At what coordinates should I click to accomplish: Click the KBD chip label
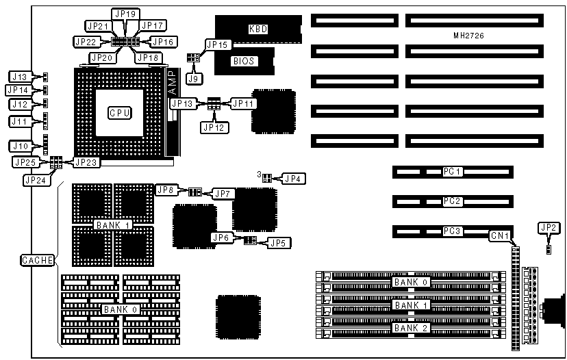(x=257, y=29)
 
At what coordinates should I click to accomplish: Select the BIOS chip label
(x=244, y=61)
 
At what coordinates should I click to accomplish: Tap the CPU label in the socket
(x=119, y=112)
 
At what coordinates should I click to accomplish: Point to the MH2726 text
(x=469, y=35)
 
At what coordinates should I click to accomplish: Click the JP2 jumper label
(x=548, y=227)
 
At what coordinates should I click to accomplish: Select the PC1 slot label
(x=453, y=170)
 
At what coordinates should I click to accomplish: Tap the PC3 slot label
(x=453, y=231)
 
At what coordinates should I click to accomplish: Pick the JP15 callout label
(x=219, y=44)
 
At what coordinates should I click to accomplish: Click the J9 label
(x=194, y=78)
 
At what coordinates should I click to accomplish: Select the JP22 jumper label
(x=86, y=42)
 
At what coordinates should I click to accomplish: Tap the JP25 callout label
(x=25, y=162)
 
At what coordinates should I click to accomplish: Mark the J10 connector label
(x=19, y=146)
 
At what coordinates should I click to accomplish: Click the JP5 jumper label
(x=279, y=242)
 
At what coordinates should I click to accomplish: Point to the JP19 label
(x=125, y=14)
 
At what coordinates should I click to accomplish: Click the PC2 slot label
(x=453, y=201)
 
